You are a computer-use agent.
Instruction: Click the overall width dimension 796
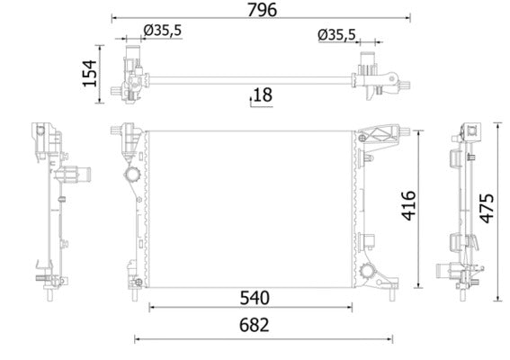[x=261, y=10]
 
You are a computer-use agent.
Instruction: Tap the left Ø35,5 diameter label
[x=163, y=31]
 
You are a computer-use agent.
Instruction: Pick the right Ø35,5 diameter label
[x=336, y=36]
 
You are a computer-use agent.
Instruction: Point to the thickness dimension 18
[x=262, y=94]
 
